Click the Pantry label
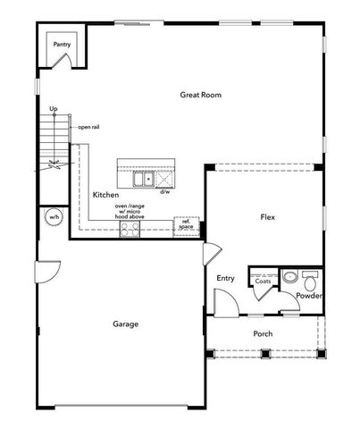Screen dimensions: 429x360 pyautogui.click(x=62, y=43)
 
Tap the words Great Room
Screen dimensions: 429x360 pyautogui.click(x=199, y=94)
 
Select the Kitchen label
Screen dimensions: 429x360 pyautogui.click(x=106, y=194)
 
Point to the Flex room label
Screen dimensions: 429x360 pyautogui.click(x=266, y=217)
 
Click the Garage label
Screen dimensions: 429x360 pyautogui.click(x=125, y=324)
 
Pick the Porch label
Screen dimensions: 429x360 pyautogui.click(x=263, y=333)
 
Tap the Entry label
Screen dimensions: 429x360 pyautogui.click(x=225, y=278)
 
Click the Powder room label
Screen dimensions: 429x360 pyautogui.click(x=309, y=296)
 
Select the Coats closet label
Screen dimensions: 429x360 pyautogui.click(x=263, y=281)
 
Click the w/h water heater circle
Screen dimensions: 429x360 pyautogui.click(x=54, y=217)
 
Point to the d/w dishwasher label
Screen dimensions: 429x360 pyautogui.click(x=165, y=191)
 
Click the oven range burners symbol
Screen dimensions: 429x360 pyautogui.click(x=130, y=229)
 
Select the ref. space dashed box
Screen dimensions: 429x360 pyautogui.click(x=186, y=225)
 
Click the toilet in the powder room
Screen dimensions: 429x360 pyautogui.click(x=310, y=276)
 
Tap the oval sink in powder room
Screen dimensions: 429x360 pyautogui.click(x=289, y=276)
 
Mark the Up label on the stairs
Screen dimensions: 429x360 pyautogui.click(x=54, y=109)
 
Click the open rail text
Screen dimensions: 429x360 pyautogui.click(x=88, y=127)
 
